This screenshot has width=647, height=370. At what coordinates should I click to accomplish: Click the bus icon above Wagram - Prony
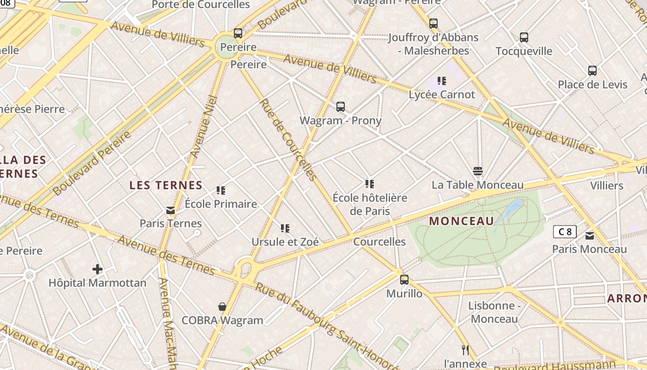[341, 107]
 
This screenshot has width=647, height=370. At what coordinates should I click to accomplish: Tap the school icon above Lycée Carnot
[442, 81]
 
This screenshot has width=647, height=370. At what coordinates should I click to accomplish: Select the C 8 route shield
[565, 232]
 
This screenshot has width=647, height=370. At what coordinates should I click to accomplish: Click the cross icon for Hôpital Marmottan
[97, 269]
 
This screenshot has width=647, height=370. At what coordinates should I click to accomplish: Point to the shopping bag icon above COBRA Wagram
[222, 306]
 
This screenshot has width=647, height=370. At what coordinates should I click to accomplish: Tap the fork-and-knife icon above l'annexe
[465, 350]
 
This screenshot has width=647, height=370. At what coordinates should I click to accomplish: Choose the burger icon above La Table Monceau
[478, 171]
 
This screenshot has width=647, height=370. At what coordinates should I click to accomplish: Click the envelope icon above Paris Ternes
[171, 210]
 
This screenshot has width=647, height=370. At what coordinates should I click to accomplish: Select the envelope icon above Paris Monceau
[590, 236]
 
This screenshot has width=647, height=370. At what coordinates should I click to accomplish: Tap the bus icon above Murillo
[404, 279]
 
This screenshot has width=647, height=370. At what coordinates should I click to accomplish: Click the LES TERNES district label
[166, 185]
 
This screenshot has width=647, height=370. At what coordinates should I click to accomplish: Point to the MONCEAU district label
[462, 221]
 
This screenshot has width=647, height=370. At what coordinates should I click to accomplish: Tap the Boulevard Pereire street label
[92, 163]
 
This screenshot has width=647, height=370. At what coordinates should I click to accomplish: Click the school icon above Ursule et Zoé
[285, 228]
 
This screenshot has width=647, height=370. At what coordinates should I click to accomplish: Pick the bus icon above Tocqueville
[524, 37]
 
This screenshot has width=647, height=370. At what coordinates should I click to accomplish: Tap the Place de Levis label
[592, 85]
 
